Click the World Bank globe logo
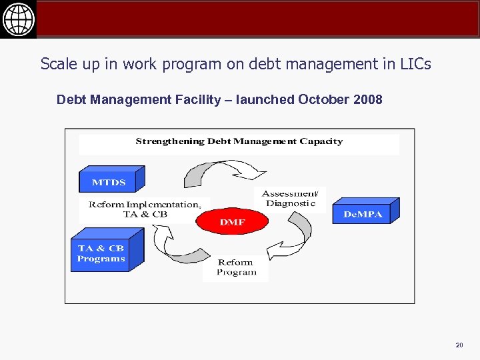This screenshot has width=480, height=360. click(18, 19)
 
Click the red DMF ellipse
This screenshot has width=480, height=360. click(232, 222)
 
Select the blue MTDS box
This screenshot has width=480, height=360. click(109, 181)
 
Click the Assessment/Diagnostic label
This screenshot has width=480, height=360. click(290, 198)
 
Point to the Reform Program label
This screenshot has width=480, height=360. click(236, 267)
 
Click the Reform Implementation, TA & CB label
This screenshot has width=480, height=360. click(145, 209)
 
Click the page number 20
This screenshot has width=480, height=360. click(459, 345)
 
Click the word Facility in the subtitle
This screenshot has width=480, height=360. click(197, 100)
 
